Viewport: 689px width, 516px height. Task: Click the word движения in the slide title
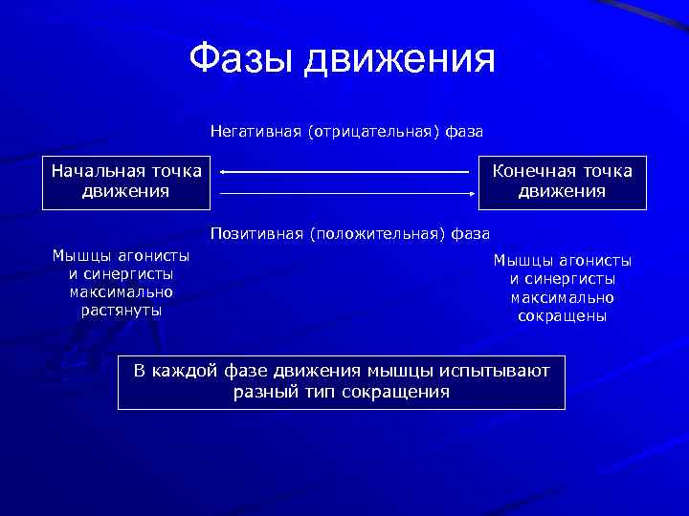click(399, 61)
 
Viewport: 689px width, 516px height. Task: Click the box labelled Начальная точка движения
click(126, 182)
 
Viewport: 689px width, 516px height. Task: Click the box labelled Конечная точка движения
click(562, 182)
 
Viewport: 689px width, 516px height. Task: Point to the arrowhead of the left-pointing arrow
click(223, 172)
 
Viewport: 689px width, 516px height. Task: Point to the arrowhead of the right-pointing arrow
click(473, 193)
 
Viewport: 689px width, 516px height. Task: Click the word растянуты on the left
click(121, 310)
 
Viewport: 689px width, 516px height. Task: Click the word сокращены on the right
click(562, 315)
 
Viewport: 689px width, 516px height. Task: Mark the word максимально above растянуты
click(121, 291)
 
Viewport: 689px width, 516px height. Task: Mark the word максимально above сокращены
click(562, 297)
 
